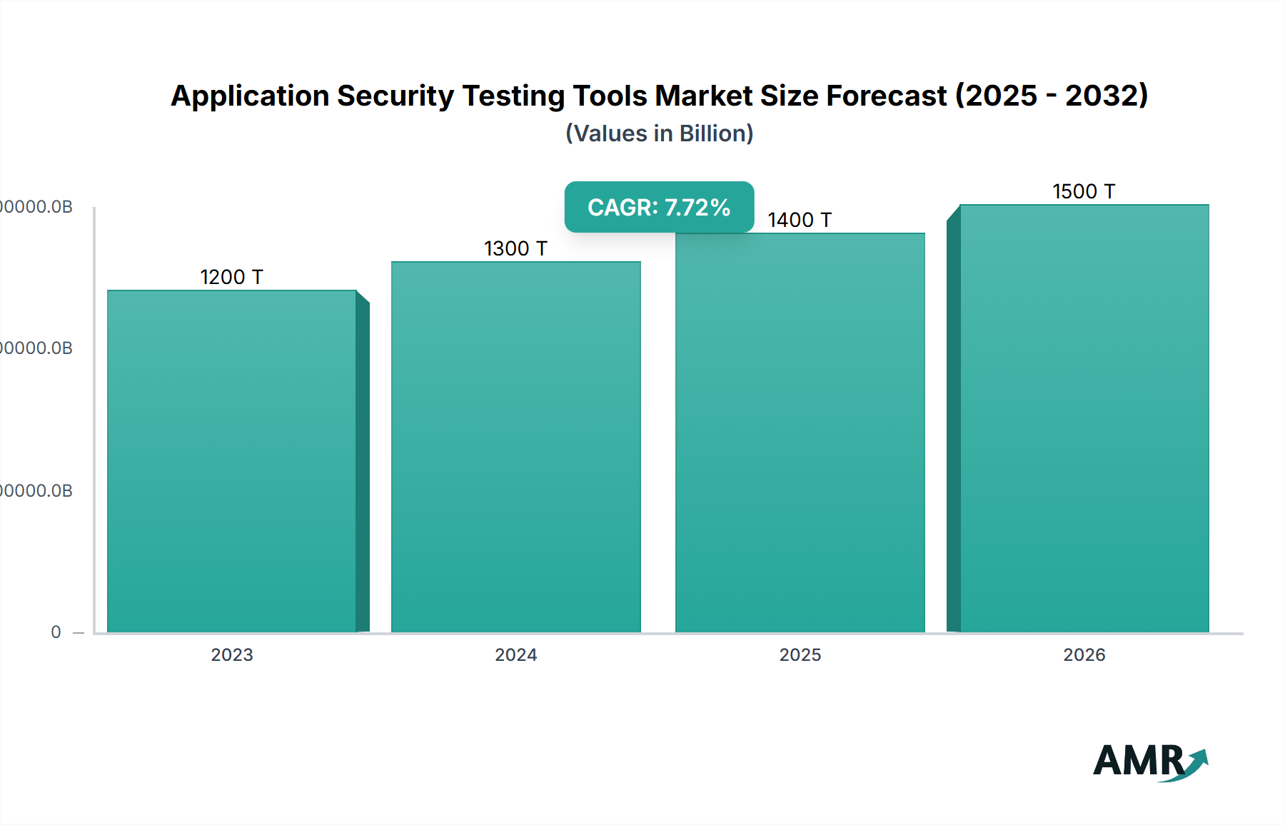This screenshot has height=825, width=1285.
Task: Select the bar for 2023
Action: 232,460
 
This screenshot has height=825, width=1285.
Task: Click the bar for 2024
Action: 515,446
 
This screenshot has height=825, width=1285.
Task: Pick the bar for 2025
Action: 800,432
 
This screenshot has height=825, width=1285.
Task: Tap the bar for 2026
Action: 1084,417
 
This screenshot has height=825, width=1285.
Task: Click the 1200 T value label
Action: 231,277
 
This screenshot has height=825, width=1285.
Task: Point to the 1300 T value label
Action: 515,248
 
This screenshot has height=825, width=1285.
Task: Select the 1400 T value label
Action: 800,220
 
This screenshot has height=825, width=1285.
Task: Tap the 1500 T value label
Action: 1084,191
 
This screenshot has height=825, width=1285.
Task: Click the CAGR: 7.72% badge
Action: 659,207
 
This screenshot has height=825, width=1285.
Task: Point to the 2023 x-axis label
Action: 232,654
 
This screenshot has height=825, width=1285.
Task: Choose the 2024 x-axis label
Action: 515,654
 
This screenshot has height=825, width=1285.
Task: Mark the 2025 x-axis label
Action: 800,654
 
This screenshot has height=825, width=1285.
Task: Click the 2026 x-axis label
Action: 1084,654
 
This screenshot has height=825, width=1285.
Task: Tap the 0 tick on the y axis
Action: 56,632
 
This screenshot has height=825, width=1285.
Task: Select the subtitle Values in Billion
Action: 659,133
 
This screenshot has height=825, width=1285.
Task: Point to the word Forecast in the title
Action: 886,96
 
